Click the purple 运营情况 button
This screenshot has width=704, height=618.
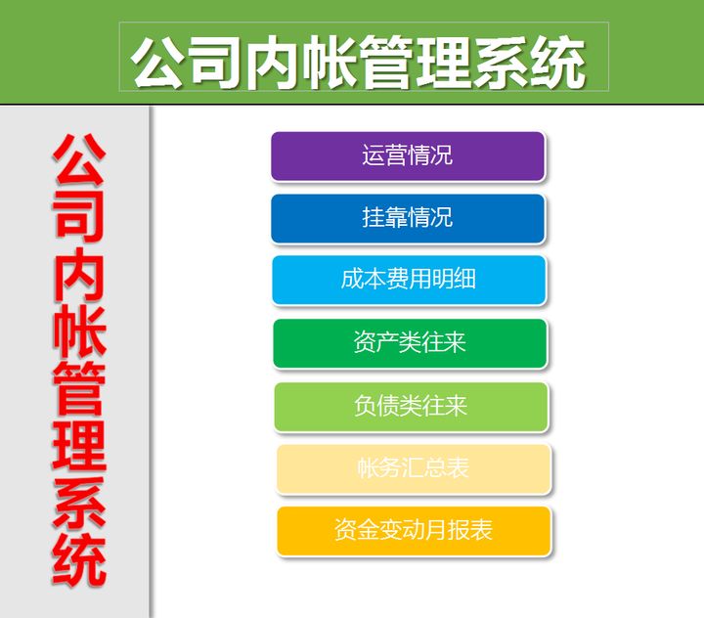(408, 156)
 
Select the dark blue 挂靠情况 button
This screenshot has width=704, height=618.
(408, 218)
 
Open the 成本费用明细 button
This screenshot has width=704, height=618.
(409, 281)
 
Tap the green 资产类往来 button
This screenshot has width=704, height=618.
(410, 343)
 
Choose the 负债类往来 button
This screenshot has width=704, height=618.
(411, 406)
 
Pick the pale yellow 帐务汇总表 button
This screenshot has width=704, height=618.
(413, 468)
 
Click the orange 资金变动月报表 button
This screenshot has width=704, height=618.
(414, 531)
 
